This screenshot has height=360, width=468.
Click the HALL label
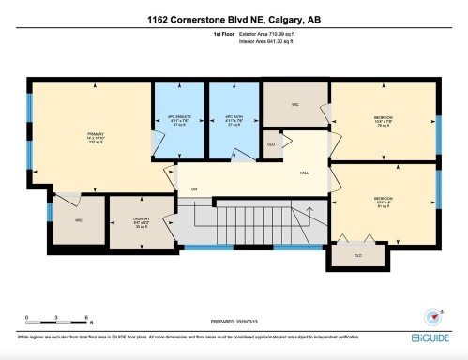(x=305, y=172)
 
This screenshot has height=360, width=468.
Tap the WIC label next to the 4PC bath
(x=294, y=104)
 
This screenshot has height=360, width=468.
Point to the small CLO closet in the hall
(x=271, y=144)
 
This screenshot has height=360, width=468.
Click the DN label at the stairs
(x=194, y=190)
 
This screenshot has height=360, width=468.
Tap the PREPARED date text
(x=233, y=322)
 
